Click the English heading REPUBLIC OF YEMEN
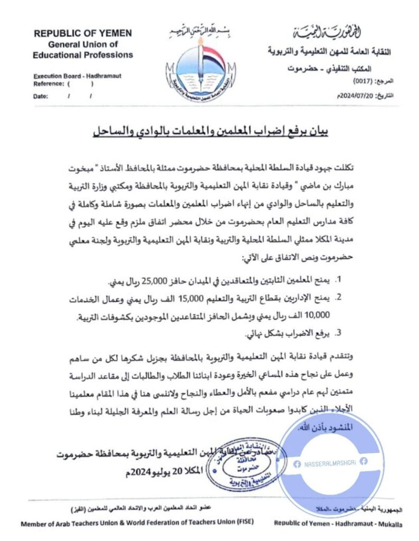[83, 33]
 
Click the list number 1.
[340, 279]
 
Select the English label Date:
[41, 96]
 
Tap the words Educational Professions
[83, 54]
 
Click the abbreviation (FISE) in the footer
[244, 523]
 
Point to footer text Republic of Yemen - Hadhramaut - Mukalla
[338, 524]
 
